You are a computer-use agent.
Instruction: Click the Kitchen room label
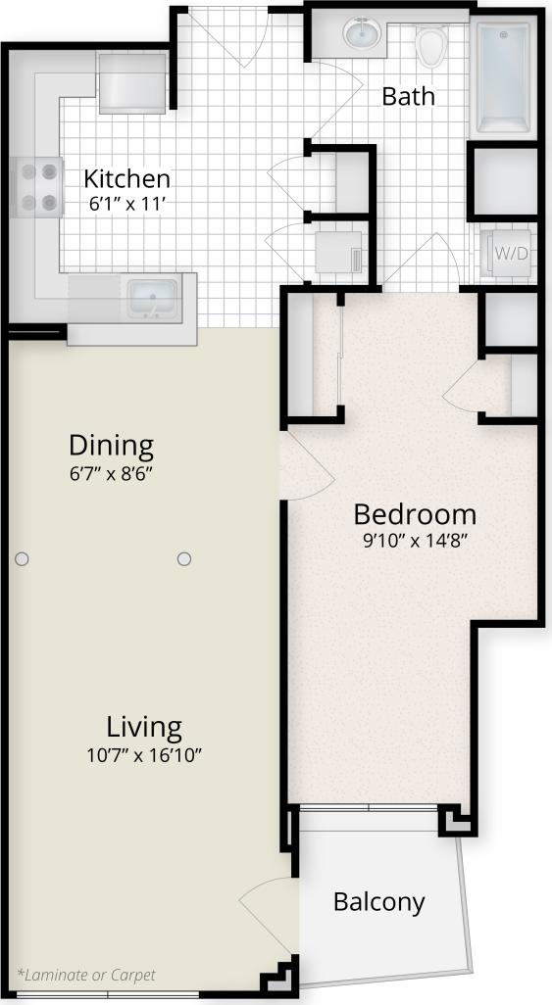pyautogui.click(x=126, y=179)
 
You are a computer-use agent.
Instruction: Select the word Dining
pyautogui.click(x=111, y=447)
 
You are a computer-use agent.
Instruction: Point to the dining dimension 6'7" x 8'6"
pyautogui.click(x=111, y=471)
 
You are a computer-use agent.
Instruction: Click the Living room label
pyautogui.click(x=144, y=728)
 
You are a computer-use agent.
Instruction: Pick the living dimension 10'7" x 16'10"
pyautogui.click(x=145, y=754)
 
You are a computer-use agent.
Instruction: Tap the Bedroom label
pyautogui.click(x=415, y=514)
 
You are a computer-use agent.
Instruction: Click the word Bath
pyautogui.click(x=408, y=96)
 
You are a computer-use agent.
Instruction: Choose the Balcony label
pyautogui.click(x=379, y=902)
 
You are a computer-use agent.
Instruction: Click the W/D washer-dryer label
pyautogui.click(x=510, y=254)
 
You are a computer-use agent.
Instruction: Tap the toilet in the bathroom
pyautogui.click(x=430, y=43)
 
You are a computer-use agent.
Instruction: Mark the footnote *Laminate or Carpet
pyautogui.click(x=85, y=975)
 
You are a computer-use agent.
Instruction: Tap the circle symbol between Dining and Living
pyautogui.click(x=183, y=558)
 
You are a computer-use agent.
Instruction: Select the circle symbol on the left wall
pyautogui.click(x=22, y=558)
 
